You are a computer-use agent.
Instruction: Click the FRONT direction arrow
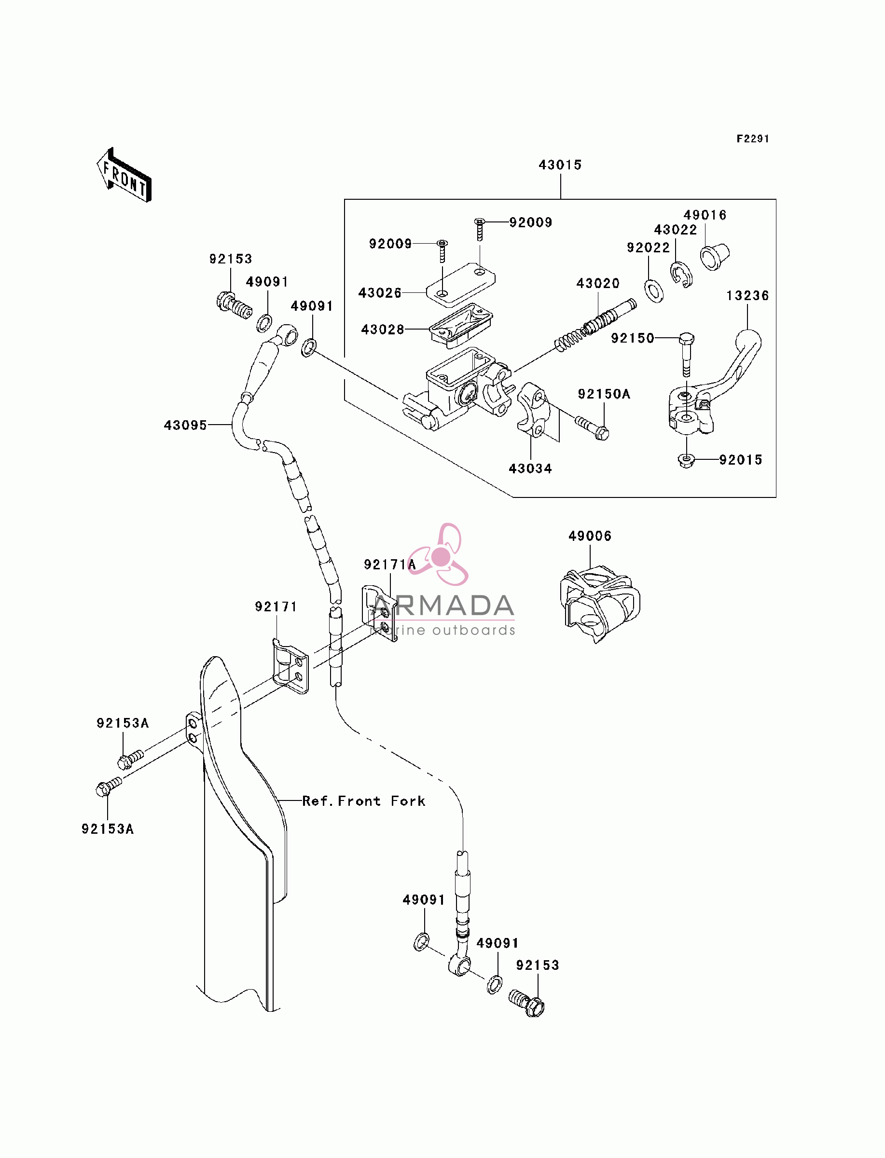124,175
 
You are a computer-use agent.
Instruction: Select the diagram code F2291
753,138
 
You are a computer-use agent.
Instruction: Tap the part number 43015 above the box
560,165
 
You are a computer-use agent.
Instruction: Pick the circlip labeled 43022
681,275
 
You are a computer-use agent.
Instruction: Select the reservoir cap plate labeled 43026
460,285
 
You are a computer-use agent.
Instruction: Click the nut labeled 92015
686,461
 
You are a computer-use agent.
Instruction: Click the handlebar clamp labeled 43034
533,410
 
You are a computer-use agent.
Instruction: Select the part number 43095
185,425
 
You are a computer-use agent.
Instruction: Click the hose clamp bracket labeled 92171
290,666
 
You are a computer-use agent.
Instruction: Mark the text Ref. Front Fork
363,801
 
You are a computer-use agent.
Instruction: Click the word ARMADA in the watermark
442,606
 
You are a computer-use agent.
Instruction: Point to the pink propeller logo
439,554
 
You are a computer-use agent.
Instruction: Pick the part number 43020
598,283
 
